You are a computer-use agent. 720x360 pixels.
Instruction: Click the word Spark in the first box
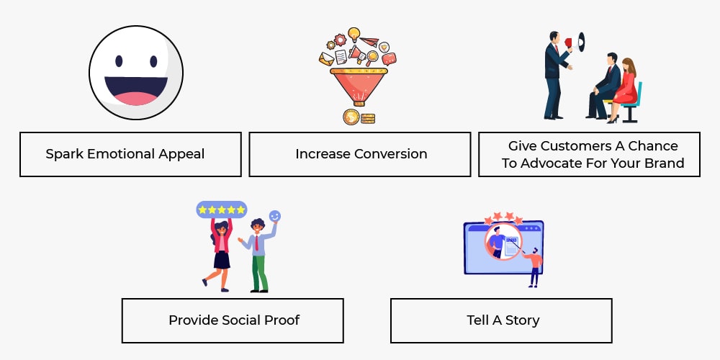[x=64, y=154]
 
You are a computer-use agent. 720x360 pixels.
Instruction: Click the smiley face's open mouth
[x=136, y=91]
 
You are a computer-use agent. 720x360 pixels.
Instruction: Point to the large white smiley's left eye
[x=119, y=61]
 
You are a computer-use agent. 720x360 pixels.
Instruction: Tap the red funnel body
[x=359, y=86]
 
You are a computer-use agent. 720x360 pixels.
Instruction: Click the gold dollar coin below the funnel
[x=351, y=117]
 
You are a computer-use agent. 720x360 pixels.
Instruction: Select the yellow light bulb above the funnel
[x=354, y=35]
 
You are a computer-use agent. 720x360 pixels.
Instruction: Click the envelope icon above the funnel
[x=326, y=59]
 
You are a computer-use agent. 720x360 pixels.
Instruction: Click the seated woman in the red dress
[x=624, y=90]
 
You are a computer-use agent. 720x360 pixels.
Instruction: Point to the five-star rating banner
[x=222, y=210]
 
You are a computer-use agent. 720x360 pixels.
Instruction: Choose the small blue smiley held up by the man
[x=274, y=216]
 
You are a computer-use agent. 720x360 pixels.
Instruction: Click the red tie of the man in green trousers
[x=257, y=243]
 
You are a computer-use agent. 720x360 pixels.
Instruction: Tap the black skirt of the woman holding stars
[x=222, y=260]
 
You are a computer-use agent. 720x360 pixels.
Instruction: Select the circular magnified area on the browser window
[x=503, y=241]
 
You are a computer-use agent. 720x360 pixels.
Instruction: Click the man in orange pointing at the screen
[x=533, y=267]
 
